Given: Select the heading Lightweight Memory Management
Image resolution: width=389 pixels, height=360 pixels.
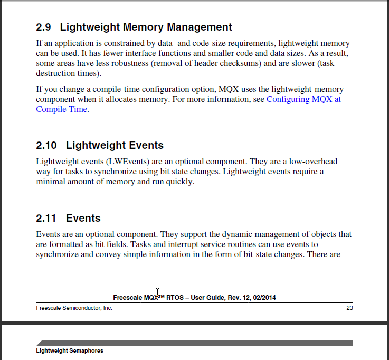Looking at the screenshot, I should pos(146,27).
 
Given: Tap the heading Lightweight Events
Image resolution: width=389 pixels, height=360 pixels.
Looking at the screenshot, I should pos(115,145).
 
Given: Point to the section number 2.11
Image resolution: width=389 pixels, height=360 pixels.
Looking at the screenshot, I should pos(46,218).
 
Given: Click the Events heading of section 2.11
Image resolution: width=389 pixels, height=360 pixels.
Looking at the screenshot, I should pos(83,218).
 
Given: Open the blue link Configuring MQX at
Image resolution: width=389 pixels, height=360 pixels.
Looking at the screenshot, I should pos(303,99).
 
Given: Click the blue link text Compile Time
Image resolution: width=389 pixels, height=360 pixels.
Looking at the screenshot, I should pos(61,109).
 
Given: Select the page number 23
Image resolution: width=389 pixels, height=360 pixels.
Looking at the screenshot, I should pos(349,308).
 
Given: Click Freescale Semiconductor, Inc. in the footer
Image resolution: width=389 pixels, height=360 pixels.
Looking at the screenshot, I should pos(74,308).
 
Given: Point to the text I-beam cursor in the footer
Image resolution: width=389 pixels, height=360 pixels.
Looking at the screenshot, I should pos(158,292).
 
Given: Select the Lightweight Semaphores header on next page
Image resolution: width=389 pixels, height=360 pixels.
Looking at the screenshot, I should pos(70,351).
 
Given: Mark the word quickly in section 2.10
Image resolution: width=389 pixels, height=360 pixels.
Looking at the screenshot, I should pos(181,182).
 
